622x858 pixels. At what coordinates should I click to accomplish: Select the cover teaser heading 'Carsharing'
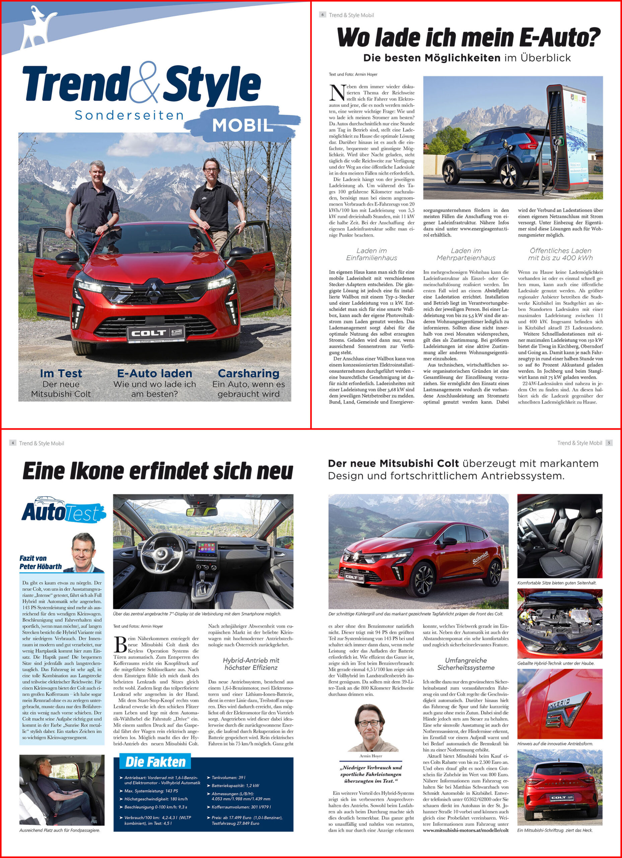point(249,373)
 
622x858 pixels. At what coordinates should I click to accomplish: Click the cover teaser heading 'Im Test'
point(61,373)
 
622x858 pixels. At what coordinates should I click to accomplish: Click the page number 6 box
point(323,15)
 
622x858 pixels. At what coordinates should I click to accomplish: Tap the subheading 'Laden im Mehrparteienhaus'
point(466,254)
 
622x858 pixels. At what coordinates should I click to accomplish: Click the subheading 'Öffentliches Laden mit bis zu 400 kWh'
point(560,254)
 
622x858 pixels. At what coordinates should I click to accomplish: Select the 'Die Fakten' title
point(155,761)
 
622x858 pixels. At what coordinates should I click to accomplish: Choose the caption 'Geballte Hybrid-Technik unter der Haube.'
point(556,663)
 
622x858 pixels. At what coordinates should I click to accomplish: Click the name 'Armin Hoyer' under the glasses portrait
point(370,756)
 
